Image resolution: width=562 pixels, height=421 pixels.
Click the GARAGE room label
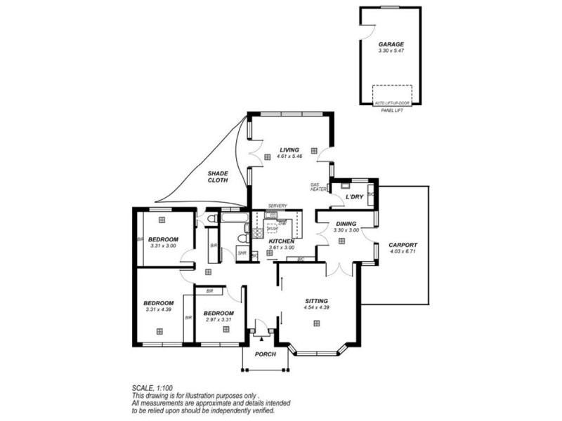(x=391, y=44)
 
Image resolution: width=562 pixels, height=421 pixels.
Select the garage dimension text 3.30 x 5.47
(x=391, y=51)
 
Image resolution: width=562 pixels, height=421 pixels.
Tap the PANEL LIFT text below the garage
(x=391, y=109)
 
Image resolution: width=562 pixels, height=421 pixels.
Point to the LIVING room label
(x=289, y=149)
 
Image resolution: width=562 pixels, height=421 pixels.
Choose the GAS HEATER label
(x=319, y=187)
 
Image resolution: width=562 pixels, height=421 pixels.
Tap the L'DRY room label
(x=354, y=197)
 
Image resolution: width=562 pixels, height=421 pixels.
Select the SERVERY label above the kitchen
(x=277, y=206)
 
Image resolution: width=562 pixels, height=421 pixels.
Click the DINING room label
(x=346, y=223)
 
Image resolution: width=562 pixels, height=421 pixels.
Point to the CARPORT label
(x=403, y=245)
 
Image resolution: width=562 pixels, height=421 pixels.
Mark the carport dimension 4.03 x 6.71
(x=403, y=251)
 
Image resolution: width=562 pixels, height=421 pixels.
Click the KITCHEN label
(x=282, y=241)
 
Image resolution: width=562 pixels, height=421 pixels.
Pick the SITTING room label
(x=316, y=299)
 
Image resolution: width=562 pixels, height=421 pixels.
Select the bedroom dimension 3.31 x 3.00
(x=163, y=246)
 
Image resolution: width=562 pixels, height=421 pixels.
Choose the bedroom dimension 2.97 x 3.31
(x=218, y=319)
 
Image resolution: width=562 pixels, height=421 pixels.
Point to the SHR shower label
(x=242, y=253)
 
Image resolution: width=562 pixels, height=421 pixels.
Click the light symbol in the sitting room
(x=317, y=323)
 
